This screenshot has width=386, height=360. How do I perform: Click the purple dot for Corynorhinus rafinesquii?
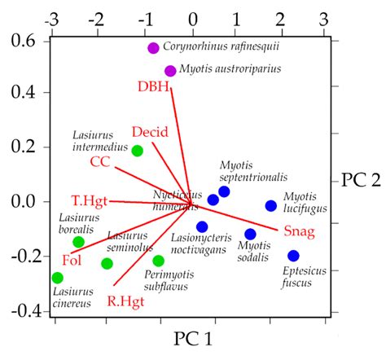point(153,48)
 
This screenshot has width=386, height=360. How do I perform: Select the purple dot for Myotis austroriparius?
point(170,71)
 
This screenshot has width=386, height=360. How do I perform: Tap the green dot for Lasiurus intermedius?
point(138,151)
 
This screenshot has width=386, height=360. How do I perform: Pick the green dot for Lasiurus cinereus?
point(57,278)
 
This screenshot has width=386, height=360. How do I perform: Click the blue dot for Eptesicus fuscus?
point(293,256)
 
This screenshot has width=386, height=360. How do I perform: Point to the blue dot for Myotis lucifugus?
point(271,206)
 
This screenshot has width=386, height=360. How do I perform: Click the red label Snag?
point(299,231)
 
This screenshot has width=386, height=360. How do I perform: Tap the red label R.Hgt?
point(125,301)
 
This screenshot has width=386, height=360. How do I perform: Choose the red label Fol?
point(72,260)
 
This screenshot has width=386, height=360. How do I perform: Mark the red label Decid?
point(150,132)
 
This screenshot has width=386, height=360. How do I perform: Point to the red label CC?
point(100,162)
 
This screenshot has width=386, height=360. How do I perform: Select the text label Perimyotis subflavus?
point(161,280)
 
